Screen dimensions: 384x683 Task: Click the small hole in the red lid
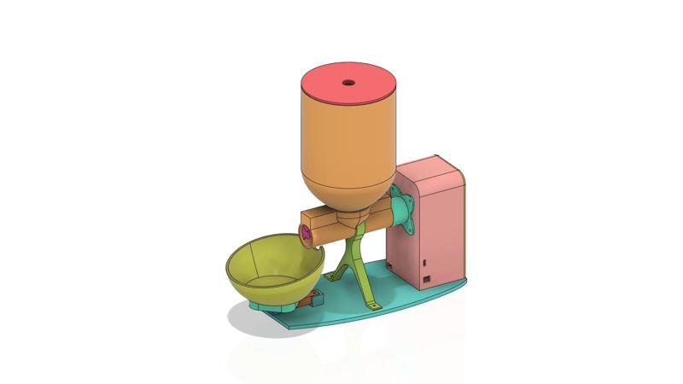coord(348,83)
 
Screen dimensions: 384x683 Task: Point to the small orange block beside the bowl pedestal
coord(314,298)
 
